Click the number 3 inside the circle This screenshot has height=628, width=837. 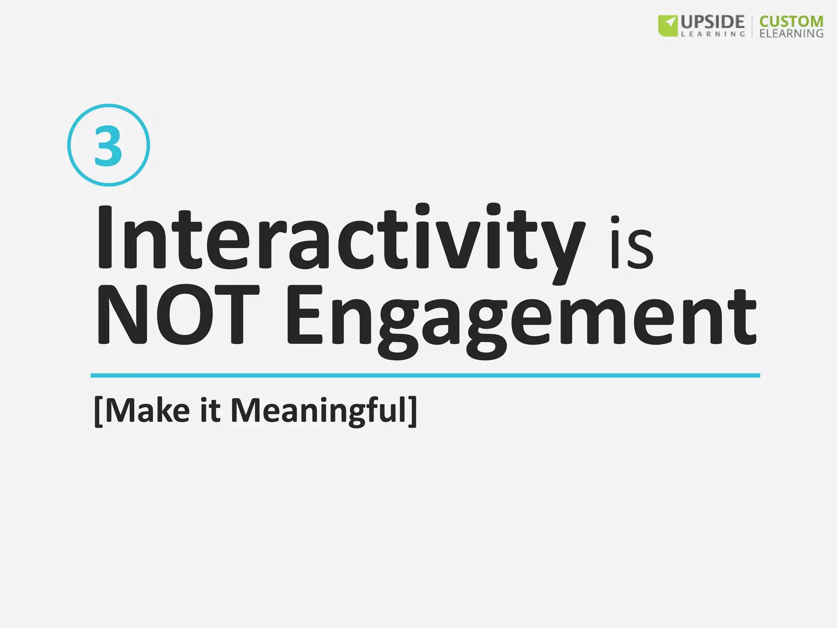pyautogui.click(x=108, y=146)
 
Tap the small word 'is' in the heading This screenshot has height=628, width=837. pyautogui.click(x=631, y=243)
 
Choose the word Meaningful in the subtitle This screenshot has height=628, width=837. pyautogui.click(x=319, y=411)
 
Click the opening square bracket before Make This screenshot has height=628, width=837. pyautogui.click(x=98, y=411)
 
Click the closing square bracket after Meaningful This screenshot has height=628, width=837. pyautogui.click(x=413, y=411)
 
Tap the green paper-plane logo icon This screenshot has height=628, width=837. pyautogui.click(x=668, y=25)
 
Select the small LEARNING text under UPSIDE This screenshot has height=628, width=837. pyautogui.click(x=713, y=34)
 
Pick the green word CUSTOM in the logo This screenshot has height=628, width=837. pyautogui.click(x=791, y=22)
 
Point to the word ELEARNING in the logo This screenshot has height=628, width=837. pyautogui.click(x=791, y=34)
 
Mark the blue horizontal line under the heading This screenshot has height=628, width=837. pyautogui.click(x=425, y=375)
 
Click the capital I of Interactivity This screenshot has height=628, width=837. pyautogui.click(x=105, y=238)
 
